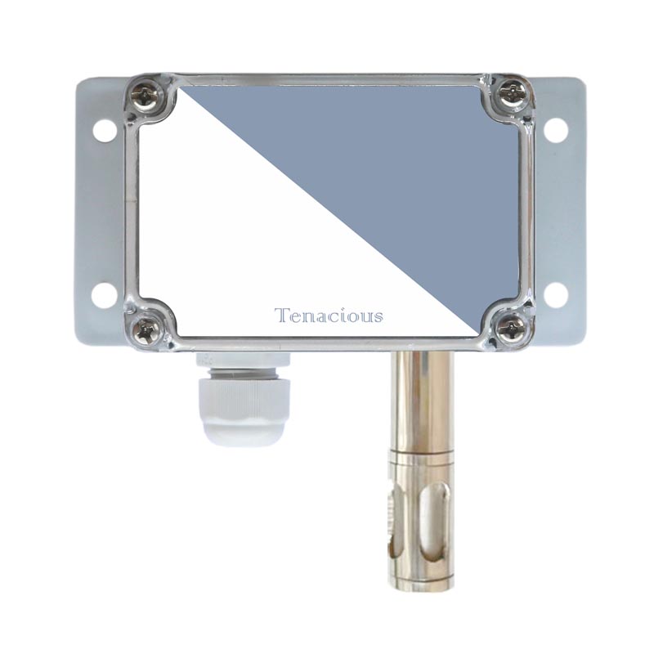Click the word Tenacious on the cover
[329, 316]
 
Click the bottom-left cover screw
[144, 331]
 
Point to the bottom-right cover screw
[513, 325]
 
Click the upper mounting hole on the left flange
[104, 129]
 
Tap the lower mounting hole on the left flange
[104, 295]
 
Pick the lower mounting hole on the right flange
[556, 294]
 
